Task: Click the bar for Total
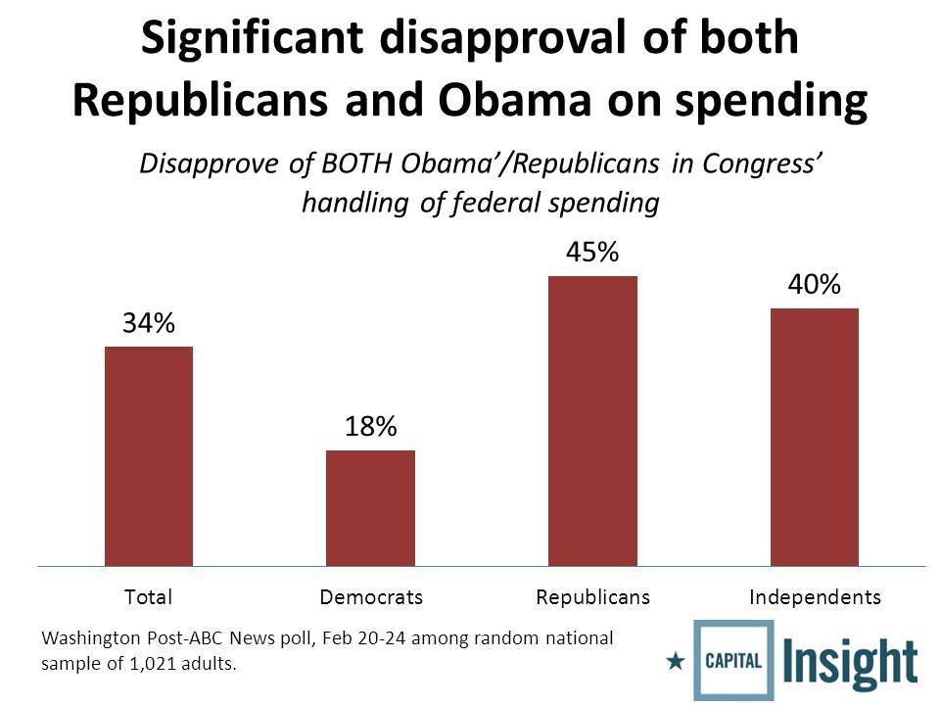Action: click(x=149, y=456)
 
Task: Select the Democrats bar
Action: click(x=370, y=508)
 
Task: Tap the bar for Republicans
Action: click(x=592, y=421)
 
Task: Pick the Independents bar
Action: click(x=815, y=437)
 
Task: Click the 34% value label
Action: click(x=149, y=324)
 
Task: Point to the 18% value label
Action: click(x=370, y=427)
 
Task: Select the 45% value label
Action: click(x=592, y=253)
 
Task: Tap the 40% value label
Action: click(x=815, y=285)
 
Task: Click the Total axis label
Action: click(x=149, y=596)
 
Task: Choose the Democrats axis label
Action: click(x=371, y=596)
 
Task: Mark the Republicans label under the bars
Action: click(x=593, y=596)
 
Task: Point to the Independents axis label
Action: click(x=815, y=596)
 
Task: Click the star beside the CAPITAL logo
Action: click(x=675, y=661)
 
